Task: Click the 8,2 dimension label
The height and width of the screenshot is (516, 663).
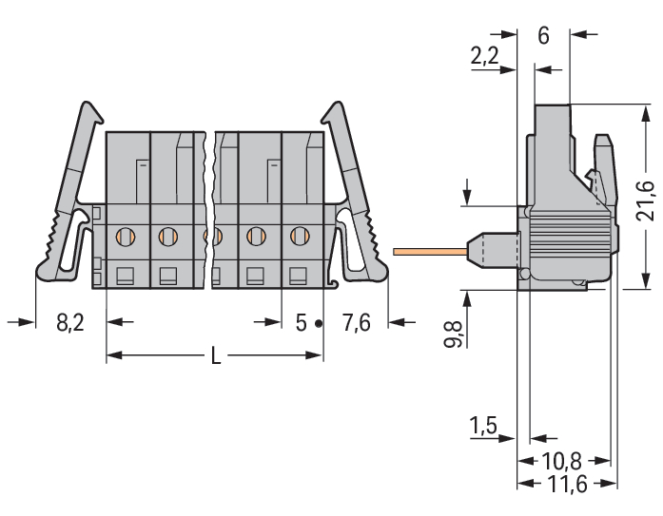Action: tap(70, 323)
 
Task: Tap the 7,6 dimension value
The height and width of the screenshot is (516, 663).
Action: tap(357, 323)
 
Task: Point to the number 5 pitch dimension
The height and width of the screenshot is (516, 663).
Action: tap(301, 323)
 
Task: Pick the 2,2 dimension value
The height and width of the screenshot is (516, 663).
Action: tap(485, 58)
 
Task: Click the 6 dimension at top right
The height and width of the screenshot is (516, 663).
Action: tap(543, 36)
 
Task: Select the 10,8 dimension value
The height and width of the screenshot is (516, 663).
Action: tap(561, 462)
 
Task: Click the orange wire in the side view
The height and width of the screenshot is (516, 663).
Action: tap(428, 252)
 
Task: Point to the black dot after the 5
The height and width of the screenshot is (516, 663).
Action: tap(319, 324)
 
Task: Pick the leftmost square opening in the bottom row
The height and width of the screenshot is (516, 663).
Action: tap(124, 277)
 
